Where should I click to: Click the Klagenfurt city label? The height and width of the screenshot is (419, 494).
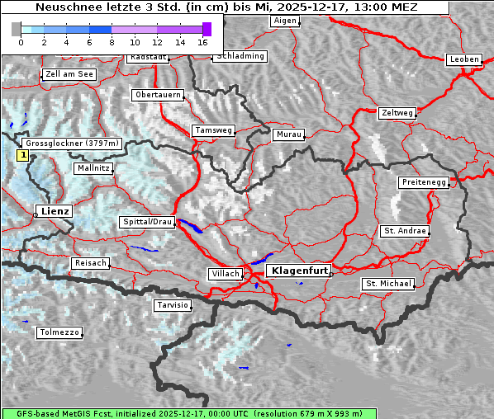click(x=301, y=270)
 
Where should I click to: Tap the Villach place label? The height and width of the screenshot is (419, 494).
click(x=225, y=273)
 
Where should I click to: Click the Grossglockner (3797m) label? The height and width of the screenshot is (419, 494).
click(x=73, y=144)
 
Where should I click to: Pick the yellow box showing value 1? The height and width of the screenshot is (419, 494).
click(x=23, y=154)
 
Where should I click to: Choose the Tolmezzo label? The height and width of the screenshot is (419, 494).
click(x=59, y=332)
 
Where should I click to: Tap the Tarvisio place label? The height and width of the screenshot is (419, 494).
click(x=173, y=305)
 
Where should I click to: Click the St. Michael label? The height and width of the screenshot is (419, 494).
click(x=388, y=284)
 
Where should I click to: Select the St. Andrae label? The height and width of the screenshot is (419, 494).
click(x=405, y=231)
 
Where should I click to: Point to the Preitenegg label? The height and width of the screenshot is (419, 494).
click(x=423, y=182)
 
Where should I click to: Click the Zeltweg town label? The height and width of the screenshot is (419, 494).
click(x=397, y=112)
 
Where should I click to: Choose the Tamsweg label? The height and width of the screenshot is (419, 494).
click(x=213, y=130)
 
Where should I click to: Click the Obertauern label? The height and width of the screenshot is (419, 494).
click(x=158, y=95)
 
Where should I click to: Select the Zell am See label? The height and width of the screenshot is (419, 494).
click(x=69, y=74)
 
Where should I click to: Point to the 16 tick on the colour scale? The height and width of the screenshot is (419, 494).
click(x=202, y=41)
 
